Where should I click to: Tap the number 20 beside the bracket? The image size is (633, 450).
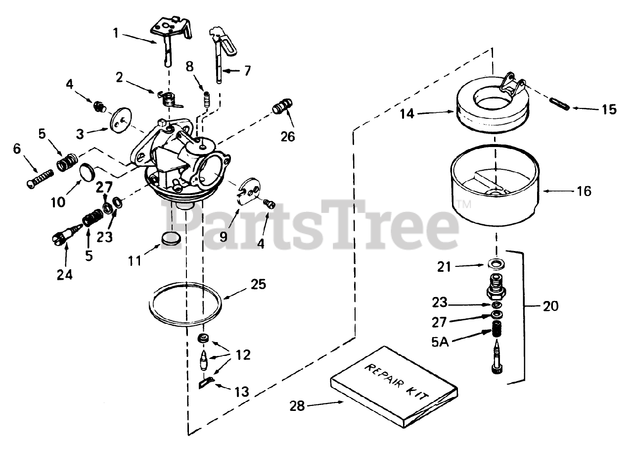pos(550,306)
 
